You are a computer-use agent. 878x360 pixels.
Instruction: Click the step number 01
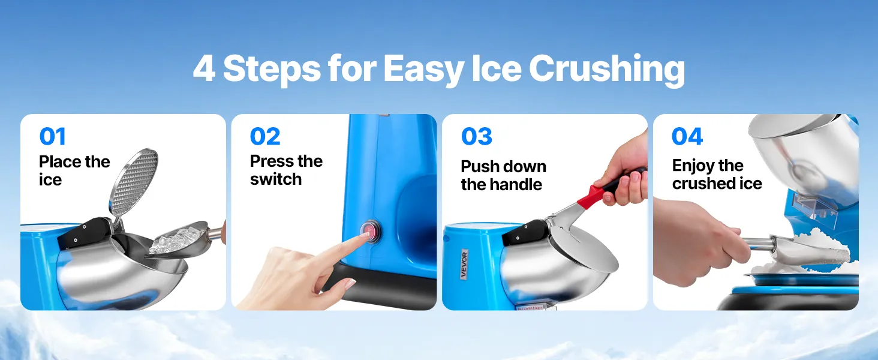53,136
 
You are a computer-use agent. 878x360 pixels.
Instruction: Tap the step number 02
265,136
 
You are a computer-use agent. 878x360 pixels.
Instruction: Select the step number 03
476,136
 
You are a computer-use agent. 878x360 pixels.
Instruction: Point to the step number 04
687,136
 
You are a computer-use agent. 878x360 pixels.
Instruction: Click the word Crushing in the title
607,69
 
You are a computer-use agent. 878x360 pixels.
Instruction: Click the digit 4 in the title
205,69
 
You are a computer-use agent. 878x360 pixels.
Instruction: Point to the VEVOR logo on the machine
464,265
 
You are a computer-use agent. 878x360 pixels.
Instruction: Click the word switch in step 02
276,179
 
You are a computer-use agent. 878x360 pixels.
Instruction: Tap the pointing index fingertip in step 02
364,236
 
